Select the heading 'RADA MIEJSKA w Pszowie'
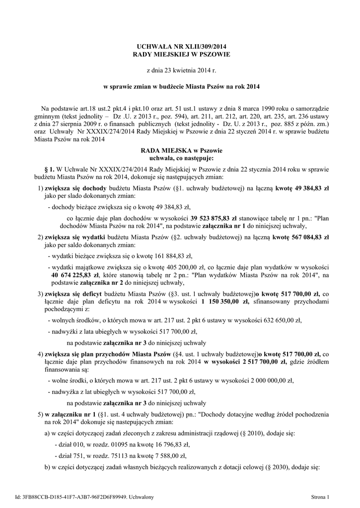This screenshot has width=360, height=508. coord(181,150)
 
